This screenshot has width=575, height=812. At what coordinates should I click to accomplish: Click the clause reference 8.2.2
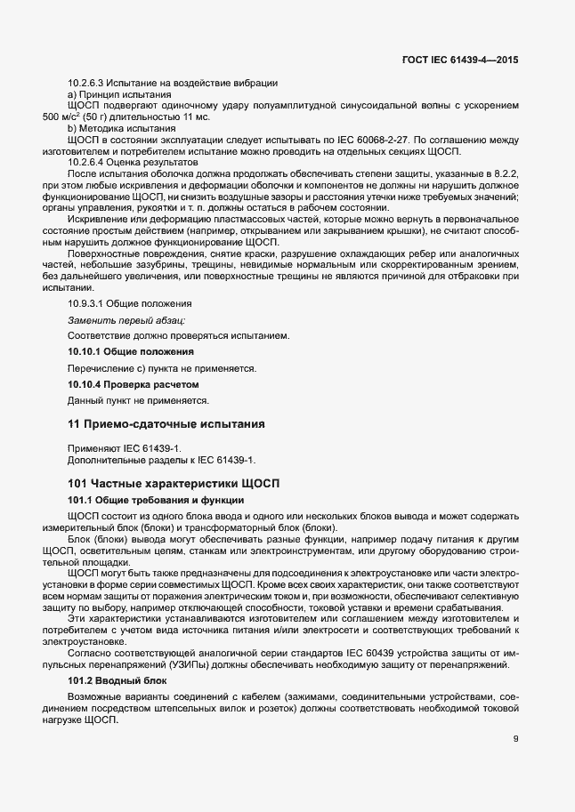tap(508, 174)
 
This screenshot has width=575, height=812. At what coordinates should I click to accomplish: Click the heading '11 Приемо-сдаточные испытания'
tap(165, 422)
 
